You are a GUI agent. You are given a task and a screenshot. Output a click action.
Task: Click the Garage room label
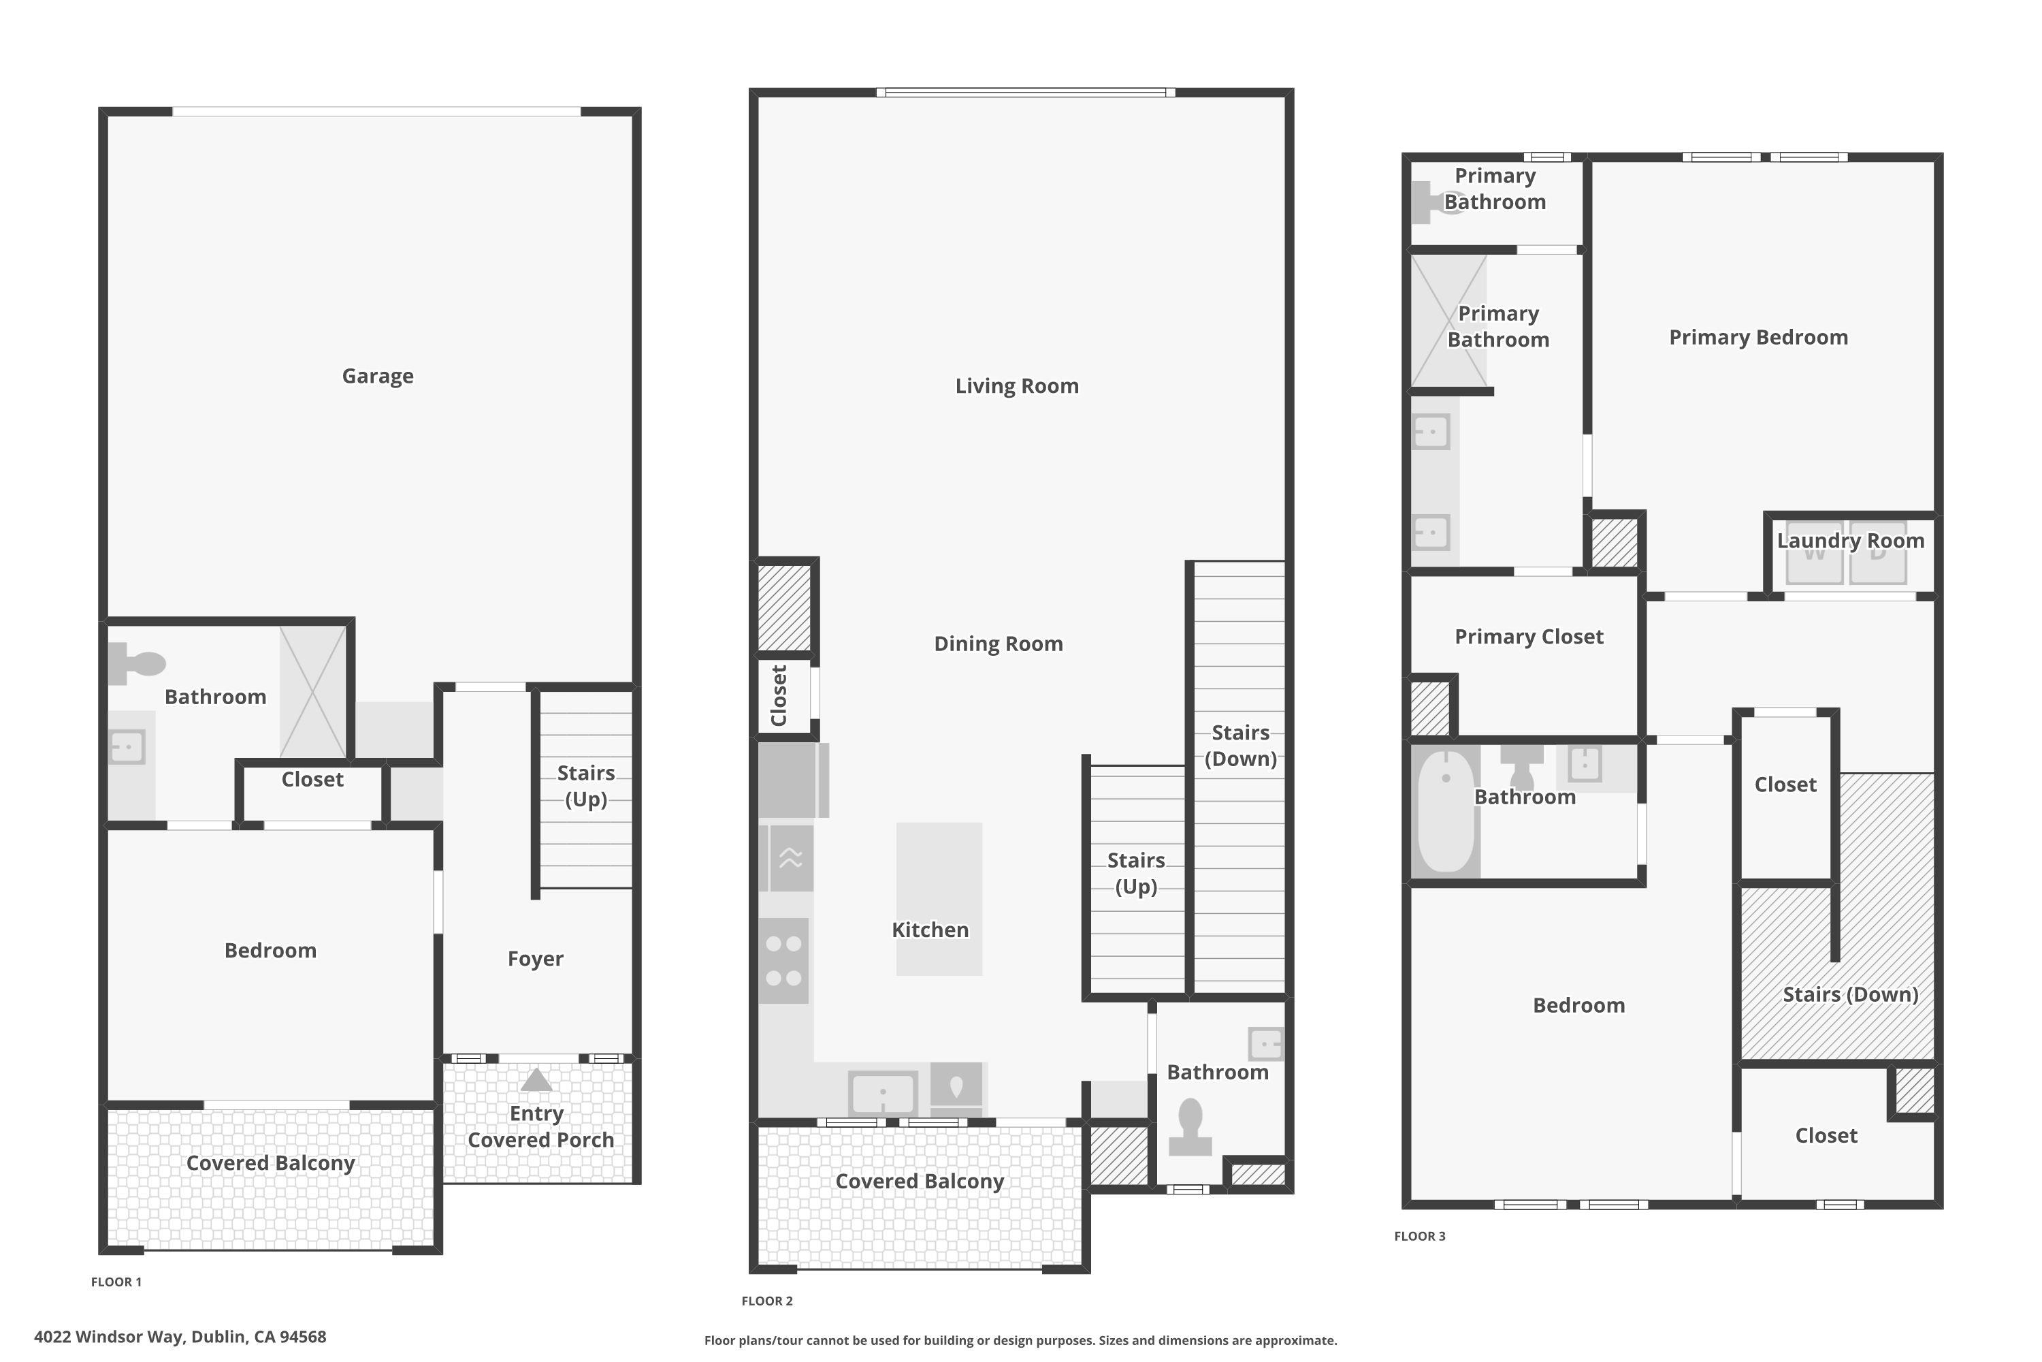pos(378,376)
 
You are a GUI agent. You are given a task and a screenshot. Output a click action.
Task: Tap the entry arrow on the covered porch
pos(536,1079)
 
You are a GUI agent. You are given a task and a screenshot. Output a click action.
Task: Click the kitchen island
pos(939,898)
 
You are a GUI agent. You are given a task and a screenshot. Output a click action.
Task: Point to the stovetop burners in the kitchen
pos(783,961)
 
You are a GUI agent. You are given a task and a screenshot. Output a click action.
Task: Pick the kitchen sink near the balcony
pos(883,1093)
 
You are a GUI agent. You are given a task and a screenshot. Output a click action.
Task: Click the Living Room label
pos(1017,385)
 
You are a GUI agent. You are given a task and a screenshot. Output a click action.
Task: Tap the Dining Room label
pos(999,644)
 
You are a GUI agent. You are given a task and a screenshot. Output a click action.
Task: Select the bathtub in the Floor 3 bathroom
pos(1446,810)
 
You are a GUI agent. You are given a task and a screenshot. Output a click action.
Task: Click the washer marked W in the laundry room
pos(1814,553)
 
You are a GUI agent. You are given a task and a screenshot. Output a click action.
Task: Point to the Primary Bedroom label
pos(1758,337)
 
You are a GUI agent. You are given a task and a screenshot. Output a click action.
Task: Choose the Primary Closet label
pos(1529,637)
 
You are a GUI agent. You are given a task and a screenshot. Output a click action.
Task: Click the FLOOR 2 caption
pos(766,1300)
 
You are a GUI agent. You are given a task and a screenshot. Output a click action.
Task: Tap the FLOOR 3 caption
pos(1419,1236)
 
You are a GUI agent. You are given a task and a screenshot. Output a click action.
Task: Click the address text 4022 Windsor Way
pos(180,1337)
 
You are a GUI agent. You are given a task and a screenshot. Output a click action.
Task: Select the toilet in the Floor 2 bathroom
pos(1190,1126)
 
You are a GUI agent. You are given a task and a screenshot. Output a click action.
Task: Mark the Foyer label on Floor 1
pos(535,959)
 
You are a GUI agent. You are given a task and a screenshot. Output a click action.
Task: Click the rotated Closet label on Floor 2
pos(779,696)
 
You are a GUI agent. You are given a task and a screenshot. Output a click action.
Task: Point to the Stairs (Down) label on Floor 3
pos(1850,994)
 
